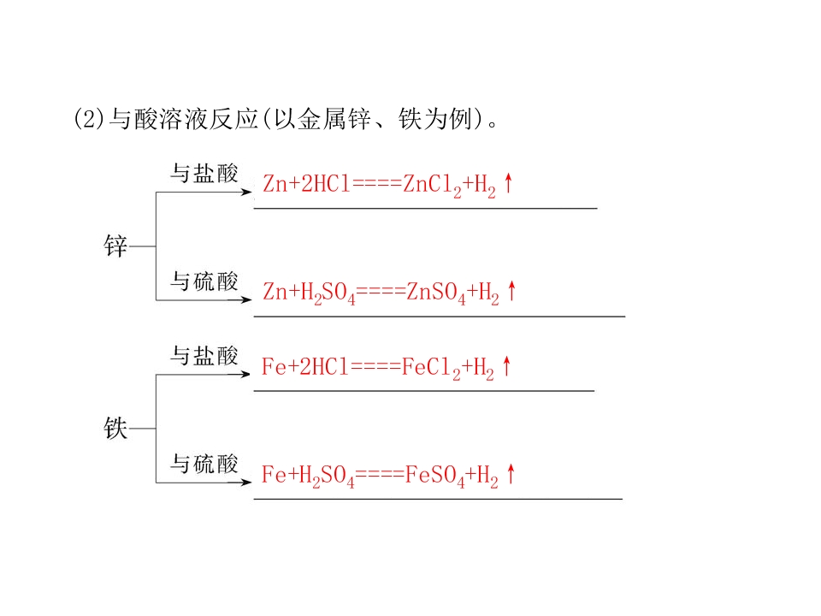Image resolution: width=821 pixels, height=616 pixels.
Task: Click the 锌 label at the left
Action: (x=115, y=246)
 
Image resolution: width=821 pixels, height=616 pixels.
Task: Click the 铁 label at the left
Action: (x=115, y=428)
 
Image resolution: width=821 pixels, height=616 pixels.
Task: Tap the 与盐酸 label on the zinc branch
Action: (x=204, y=173)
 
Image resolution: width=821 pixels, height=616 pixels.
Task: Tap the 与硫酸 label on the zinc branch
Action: (x=204, y=281)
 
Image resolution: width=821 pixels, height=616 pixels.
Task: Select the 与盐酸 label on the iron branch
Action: (x=204, y=356)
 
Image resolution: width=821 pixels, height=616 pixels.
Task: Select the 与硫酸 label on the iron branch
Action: (x=204, y=464)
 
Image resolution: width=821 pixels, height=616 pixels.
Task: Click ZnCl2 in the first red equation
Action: (x=433, y=186)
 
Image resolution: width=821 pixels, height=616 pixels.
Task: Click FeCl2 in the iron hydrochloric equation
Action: (x=431, y=368)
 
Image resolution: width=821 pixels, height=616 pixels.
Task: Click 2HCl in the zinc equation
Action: (x=326, y=184)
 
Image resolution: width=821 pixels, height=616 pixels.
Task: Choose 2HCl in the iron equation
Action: (x=324, y=367)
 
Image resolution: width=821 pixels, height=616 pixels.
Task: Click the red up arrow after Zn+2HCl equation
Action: (x=508, y=183)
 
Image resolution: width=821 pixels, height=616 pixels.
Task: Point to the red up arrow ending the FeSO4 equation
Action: (x=511, y=473)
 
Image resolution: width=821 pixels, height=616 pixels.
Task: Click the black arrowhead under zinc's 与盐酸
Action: (x=246, y=192)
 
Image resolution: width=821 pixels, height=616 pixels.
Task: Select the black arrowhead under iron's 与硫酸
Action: (x=246, y=483)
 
